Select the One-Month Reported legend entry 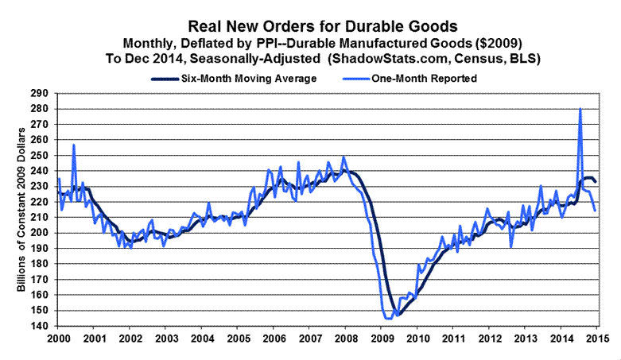point(434,78)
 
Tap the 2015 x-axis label point(599,340)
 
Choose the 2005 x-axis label point(238,340)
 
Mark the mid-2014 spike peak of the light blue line point(580,109)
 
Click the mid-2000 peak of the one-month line point(74,145)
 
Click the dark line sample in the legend point(164,78)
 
